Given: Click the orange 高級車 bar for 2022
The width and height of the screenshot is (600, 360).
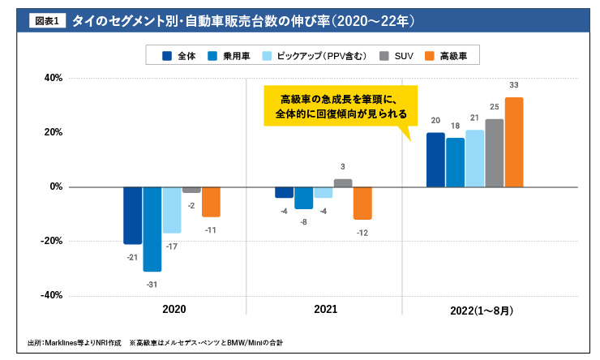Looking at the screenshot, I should (514, 142).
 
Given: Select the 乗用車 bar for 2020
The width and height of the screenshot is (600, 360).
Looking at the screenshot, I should (152, 229).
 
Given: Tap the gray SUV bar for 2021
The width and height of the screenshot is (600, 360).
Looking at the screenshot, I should (343, 183).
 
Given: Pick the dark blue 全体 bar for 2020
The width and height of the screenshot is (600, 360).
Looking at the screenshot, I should (132, 215).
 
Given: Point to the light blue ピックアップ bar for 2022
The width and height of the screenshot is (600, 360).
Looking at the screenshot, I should (474, 158).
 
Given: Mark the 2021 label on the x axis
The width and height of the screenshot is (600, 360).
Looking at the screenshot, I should (325, 310).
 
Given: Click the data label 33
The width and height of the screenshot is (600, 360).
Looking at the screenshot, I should (514, 85).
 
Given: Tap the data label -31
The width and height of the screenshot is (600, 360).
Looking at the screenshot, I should (152, 284).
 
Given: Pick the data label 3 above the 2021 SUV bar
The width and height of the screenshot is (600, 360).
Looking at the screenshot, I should (343, 166).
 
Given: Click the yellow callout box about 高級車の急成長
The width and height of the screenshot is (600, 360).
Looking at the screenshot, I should (341, 106).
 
